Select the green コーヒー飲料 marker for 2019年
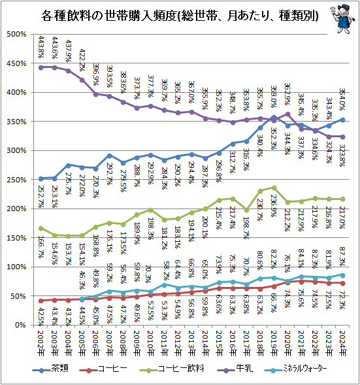[273, 188]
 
